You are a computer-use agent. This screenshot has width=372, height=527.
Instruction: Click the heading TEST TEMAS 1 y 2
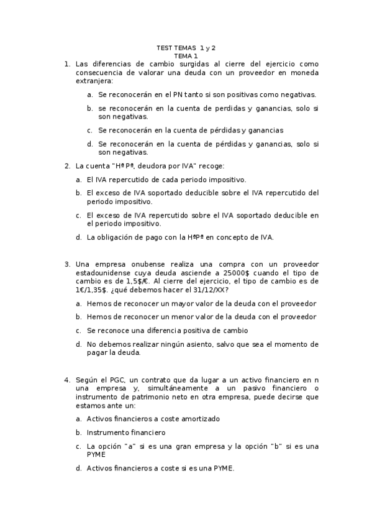[186, 47]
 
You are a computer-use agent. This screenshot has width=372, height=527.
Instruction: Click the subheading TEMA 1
[186, 56]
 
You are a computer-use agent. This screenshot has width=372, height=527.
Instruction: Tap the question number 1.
[66, 64]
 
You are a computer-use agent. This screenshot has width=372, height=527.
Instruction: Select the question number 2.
[66, 166]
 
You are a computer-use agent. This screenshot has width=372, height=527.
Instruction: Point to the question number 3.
[66, 264]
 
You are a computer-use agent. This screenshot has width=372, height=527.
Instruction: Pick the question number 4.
[66, 379]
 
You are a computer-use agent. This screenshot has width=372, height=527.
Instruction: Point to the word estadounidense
[109, 273]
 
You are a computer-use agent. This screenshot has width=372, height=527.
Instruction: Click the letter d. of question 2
[79, 237]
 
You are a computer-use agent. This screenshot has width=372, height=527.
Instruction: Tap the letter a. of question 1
[91, 94]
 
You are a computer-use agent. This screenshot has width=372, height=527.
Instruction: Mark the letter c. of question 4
[79, 446]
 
